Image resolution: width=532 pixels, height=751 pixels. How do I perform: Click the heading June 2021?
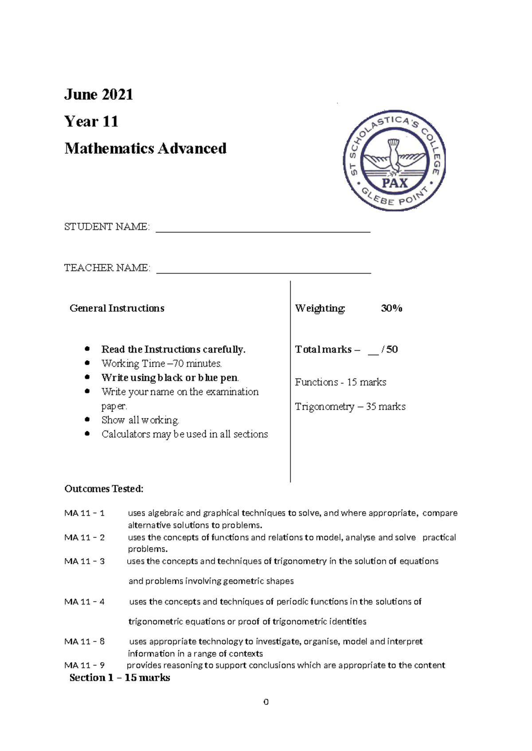(98, 94)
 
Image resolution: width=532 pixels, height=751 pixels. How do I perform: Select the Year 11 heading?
(91, 121)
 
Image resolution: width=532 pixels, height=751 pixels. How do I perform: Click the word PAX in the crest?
(395, 183)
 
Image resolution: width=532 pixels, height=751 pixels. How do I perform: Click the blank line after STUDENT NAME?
(263, 229)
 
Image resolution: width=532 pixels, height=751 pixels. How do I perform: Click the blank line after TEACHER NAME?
(264, 271)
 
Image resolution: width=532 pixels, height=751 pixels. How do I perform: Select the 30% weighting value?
(391, 308)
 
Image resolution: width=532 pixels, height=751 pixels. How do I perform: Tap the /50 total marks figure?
(390, 349)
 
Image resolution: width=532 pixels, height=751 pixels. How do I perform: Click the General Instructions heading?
(117, 308)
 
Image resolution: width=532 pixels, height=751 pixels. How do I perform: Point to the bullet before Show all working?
(87, 419)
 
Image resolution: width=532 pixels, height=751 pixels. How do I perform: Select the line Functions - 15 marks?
(340, 382)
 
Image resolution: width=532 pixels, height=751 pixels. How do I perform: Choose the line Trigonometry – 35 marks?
(350, 406)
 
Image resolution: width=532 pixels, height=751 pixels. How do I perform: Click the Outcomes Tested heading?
(104, 489)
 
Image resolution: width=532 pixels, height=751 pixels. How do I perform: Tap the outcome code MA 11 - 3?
(84, 561)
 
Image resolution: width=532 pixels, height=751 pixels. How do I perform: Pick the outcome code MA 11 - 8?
(84, 642)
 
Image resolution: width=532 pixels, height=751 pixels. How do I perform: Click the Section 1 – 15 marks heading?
(120, 677)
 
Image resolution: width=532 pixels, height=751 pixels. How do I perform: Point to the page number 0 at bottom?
(266, 702)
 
